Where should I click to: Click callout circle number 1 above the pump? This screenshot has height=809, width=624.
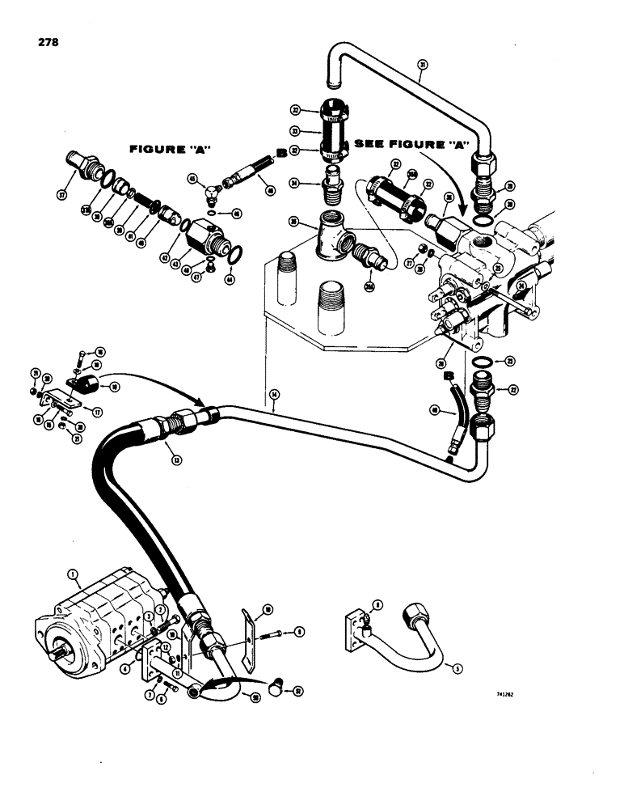coord(74,576)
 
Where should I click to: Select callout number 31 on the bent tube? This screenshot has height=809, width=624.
coord(422,66)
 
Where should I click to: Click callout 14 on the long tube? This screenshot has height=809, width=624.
coord(275,394)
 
